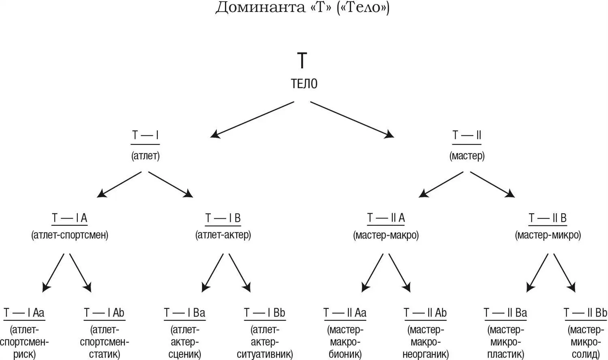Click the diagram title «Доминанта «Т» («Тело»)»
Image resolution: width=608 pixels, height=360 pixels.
coord(302,8)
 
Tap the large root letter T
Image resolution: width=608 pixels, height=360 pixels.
coord(302,61)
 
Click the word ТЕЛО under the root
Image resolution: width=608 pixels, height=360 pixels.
coord(304,84)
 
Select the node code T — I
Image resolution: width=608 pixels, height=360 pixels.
coord(146,135)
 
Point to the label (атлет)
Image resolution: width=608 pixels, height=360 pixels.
coord(146,156)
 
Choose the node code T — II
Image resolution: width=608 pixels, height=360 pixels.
coord(467,135)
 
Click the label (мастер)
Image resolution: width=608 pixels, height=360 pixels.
coord(467,156)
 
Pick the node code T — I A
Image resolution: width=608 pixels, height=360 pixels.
coord(70,218)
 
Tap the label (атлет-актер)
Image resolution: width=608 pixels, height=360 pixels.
coord(223,235)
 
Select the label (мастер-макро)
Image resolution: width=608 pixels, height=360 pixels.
coord(386,235)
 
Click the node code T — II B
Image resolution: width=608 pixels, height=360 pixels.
coord(548,218)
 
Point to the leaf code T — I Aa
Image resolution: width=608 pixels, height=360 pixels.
coord(24,313)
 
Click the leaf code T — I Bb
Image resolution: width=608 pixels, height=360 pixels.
coord(265,313)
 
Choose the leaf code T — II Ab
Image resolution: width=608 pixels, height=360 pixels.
coord(425,313)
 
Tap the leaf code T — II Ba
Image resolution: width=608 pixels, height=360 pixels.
coord(505,313)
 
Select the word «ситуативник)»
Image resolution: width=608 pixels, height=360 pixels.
coord(265,354)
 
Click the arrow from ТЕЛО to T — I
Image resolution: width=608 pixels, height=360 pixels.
coord(252,120)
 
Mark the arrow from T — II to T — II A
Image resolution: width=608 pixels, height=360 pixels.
coord(441,184)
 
